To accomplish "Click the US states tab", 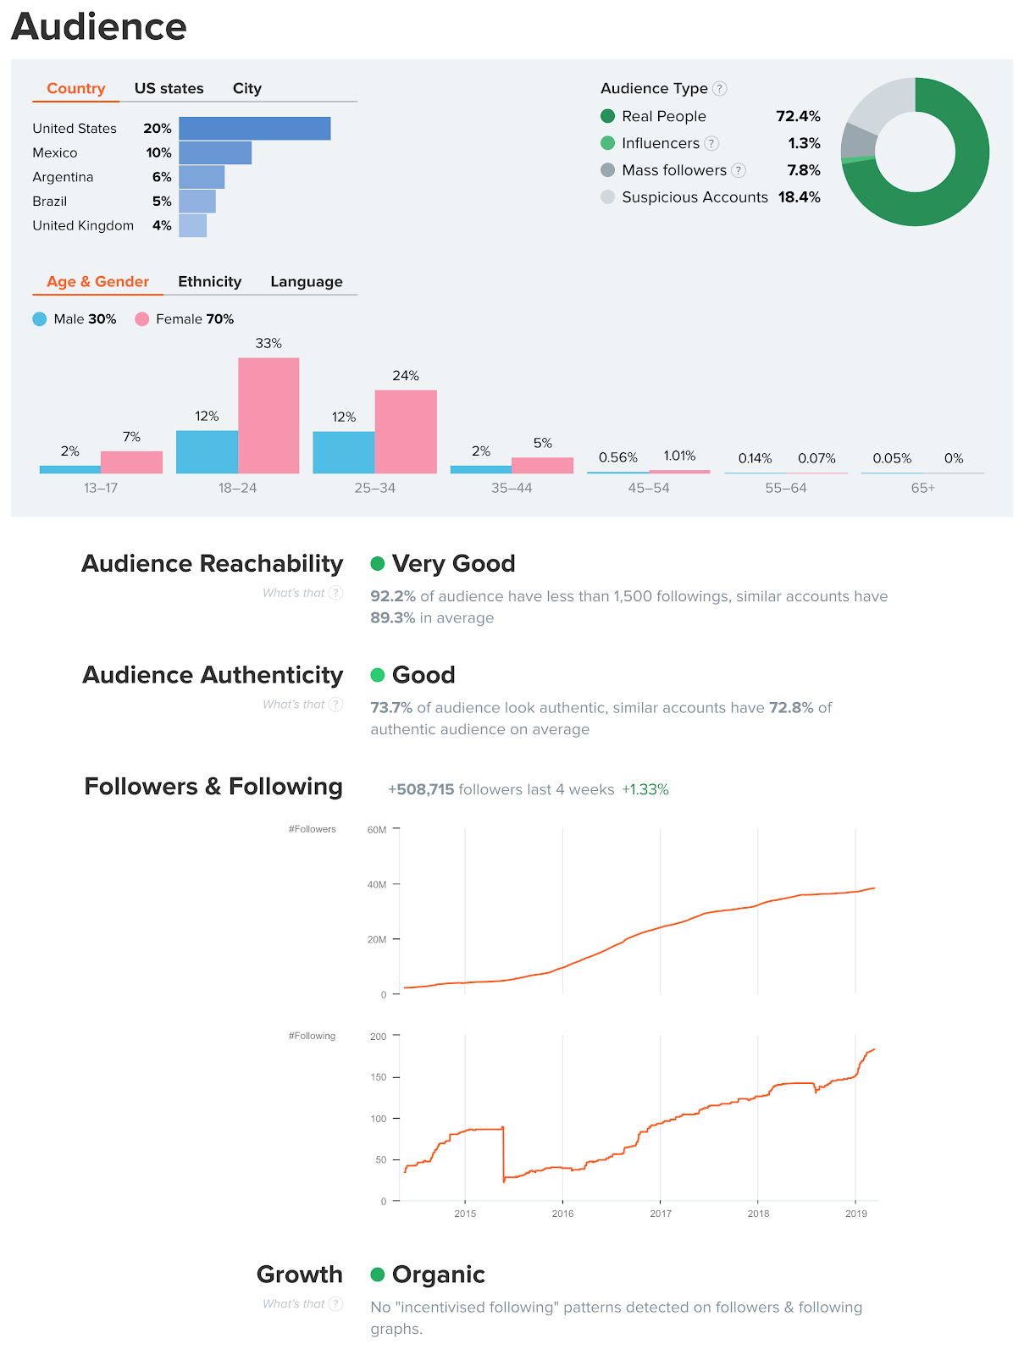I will pyautogui.click(x=169, y=88).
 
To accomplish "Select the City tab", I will pyautogui.click(x=246, y=88).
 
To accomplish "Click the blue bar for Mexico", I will pyautogui.click(x=215, y=152).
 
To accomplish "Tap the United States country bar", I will pyautogui.click(x=254, y=129).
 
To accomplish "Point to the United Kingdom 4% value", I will pyautogui.click(x=162, y=225).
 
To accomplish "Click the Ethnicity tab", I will pyautogui.click(x=209, y=281).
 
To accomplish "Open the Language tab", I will pyautogui.click(x=306, y=281).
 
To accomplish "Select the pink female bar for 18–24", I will pyautogui.click(x=268, y=415).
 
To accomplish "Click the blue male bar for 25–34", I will pyautogui.click(x=343, y=452).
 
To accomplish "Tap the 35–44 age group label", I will pyautogui.click(x=512, y=488).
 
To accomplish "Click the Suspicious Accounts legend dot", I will pyautogui.click(x=607, y=197).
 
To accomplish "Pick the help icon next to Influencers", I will pyautogui.click(x=711, y=143).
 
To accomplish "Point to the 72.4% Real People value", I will pyautogui.click(x=798, y=116).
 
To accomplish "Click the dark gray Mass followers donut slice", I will pyautogui.click(x=857, y=141).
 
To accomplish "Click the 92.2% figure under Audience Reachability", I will pyautogui.click(x=393, y=596).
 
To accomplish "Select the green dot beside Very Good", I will pyautogui.click(x=378, y=563).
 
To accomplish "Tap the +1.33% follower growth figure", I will pyautogui.click(x=645, y=789).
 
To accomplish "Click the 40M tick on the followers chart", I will pyautogui.click(x=377, y=884).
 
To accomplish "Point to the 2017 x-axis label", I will pyautogui.click(x=661, y=1214).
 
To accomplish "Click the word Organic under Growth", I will pyautogui.click(x=438, y=1275).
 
